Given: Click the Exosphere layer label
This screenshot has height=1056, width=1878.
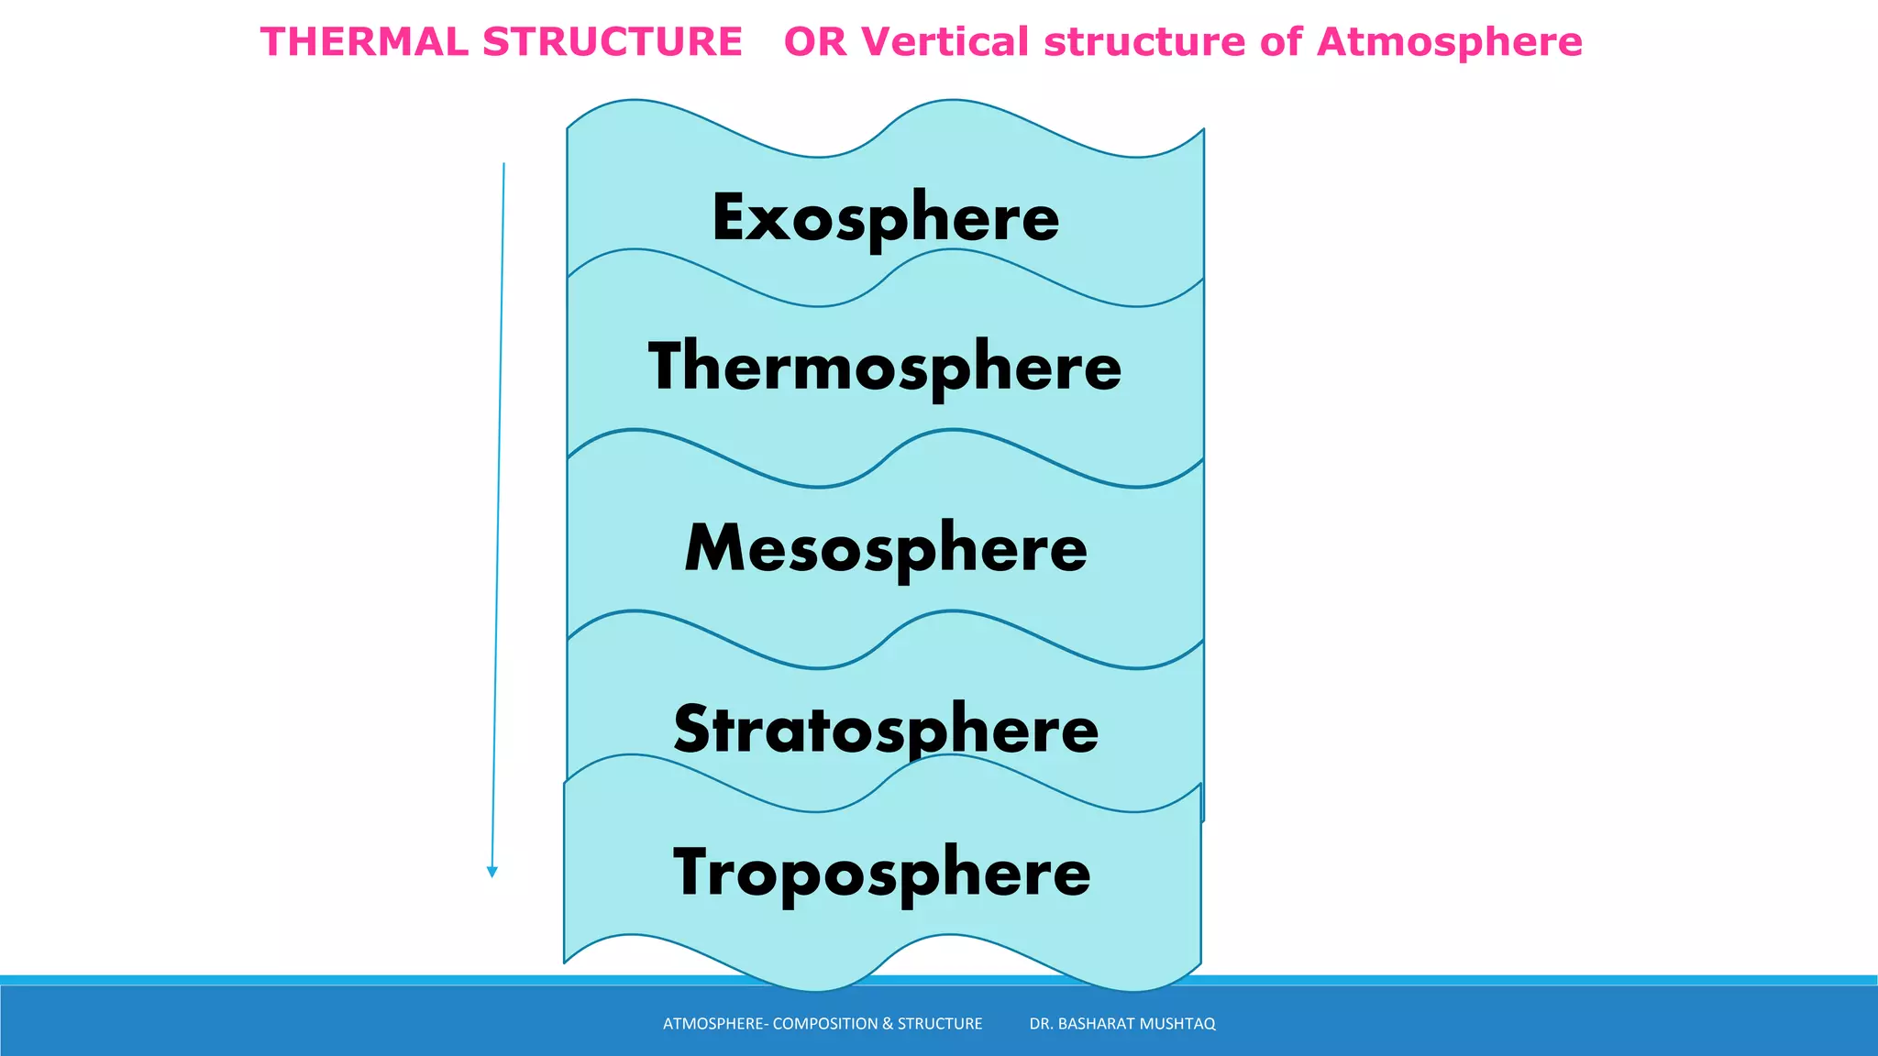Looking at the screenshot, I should pos(885,218).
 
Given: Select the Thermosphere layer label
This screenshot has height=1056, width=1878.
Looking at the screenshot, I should pos(885,367).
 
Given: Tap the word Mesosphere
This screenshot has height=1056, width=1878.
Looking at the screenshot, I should pos(886,548).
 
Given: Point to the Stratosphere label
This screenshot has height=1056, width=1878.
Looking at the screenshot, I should pos(886,730).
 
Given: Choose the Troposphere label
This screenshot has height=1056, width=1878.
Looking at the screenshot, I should pos(882,872).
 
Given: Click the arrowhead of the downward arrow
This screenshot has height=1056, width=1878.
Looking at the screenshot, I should pos(492,872).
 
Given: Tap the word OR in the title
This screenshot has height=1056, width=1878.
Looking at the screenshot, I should pos(815,42).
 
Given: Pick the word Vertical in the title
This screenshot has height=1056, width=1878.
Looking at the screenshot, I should pos(945,42).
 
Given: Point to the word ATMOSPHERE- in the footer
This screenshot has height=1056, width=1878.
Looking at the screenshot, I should pos(715,1024).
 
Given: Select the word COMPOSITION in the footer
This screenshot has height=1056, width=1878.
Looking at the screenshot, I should pos(825,1024).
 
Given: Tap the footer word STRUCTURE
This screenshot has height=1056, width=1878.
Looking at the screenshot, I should pos(939,1024).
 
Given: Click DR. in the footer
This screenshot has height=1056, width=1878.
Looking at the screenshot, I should pos(1041,1024).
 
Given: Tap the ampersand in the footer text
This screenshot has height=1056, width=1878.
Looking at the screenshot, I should pos(887,1024).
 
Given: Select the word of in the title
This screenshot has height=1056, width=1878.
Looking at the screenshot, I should pos(1281,42).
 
